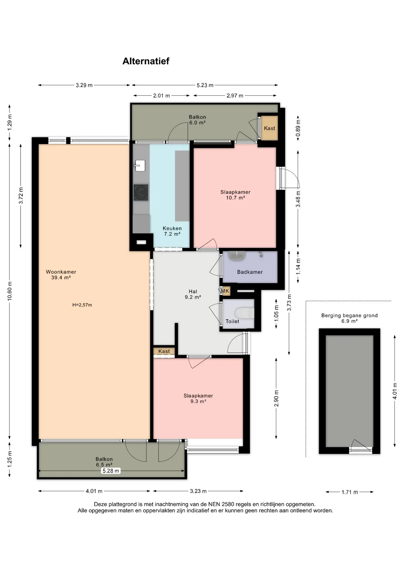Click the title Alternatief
pyautogui.click(x=146, y=61)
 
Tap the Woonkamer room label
pyautogui.click(x=61, y=272)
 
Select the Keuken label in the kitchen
pyautogui.click(x=172, y=228)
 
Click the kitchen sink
pyautogui.click(x=140, y=165)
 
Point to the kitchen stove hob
pyautogui.click(x=141, y=192)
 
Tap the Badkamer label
pyautogui.click(x=250, y=272)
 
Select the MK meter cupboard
pyautogui.click(x=225, y=291)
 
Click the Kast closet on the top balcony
pyautogui.click(x=270, y=128)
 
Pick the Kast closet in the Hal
pyautogui.click(x=164, y=351)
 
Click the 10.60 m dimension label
pyautogui.click(x=10, y=291)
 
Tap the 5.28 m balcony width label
pyautogui.click(x=111, y=471)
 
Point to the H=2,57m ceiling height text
pyautogui.click(x=82, y=305)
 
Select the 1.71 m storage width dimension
pyautogui.click(x=350, y=492)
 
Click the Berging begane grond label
pyautogui.click(x=350, y=316)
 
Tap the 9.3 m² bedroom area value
pyautogui.click(x=198, y=401)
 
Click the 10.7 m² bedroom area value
pyautogui.click(x=235, y=197)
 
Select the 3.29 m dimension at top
pyautogui.click(x=84, y=85)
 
